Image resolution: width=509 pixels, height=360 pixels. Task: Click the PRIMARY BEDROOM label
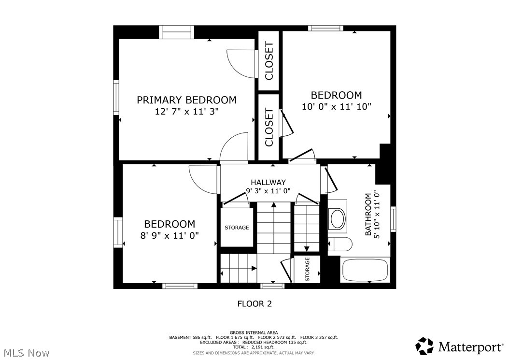coord(186,100)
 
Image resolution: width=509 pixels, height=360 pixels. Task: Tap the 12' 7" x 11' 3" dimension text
coord(186,111)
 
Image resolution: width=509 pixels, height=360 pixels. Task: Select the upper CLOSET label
coord(269,61)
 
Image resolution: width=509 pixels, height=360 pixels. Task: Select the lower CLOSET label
coord(269,127)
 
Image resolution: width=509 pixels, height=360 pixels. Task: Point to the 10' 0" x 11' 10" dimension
coord(336,107)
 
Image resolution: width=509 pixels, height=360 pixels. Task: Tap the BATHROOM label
coord(369,215)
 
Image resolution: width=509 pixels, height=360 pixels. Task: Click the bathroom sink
coord(337,218)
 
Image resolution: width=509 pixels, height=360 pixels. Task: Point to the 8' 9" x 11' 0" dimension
coord(170,235)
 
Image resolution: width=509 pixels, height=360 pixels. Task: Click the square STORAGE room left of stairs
coord(237,227)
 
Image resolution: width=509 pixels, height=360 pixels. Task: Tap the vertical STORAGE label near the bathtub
coord(307,269)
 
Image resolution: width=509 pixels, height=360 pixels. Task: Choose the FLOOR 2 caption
coord(254,304)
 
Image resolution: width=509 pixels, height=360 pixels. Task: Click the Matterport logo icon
coord(424,346)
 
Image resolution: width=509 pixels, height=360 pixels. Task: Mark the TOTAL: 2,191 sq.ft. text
coord(254,347)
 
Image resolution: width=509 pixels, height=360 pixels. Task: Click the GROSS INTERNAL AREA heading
coord(254,332)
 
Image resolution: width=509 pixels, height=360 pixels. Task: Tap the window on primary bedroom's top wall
coord(176,32)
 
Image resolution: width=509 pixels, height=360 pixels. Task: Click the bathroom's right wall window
coord(393,219)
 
